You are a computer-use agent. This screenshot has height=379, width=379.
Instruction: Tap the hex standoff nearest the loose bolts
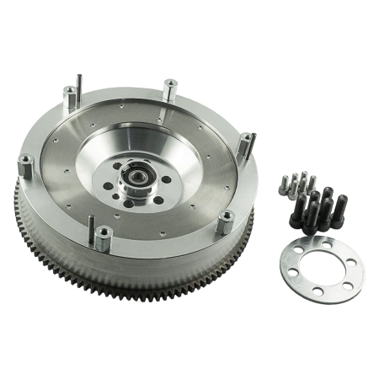(246, 145)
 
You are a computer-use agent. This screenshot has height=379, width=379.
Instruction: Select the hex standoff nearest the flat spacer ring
(225, 222)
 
